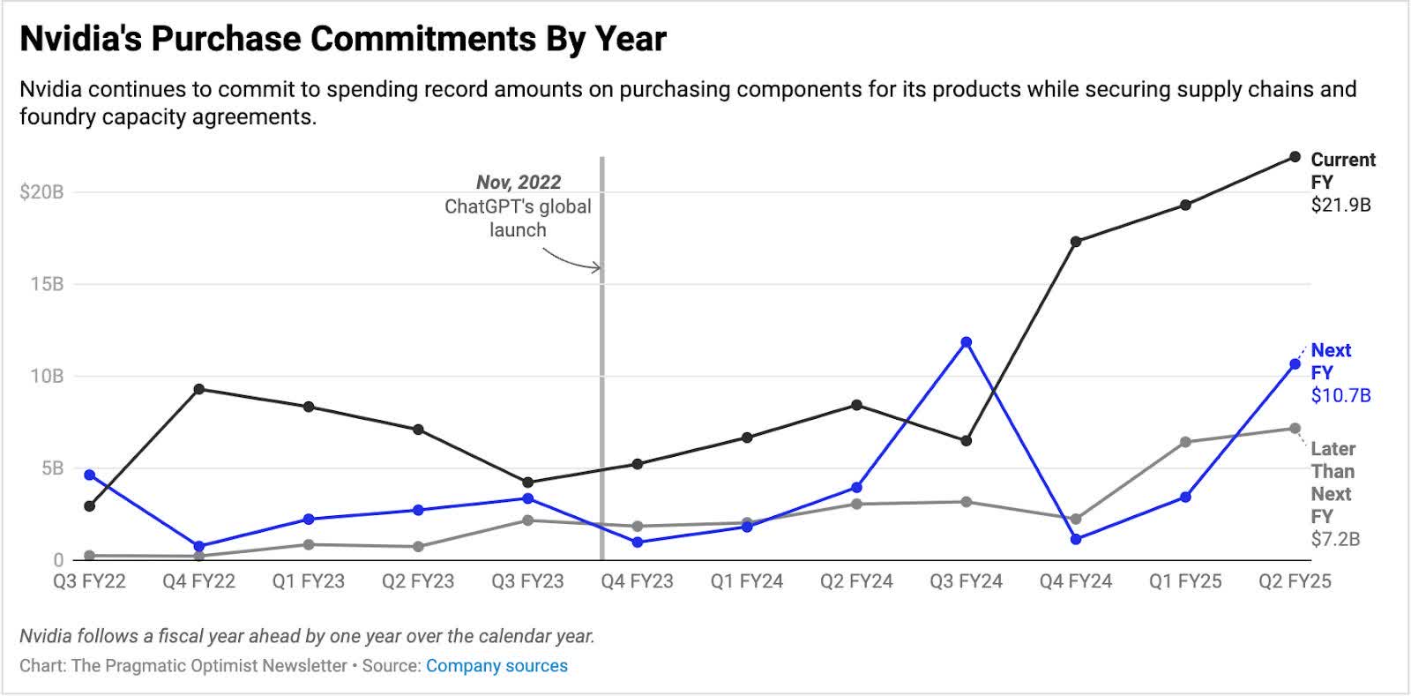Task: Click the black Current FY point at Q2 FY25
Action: tap(1295, 157)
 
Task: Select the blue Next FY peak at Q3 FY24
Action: tap(967, 342)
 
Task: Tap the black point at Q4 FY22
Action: tap(199, 389)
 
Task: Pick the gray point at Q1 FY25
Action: tap(1185, 442)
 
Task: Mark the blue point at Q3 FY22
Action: tap(89, 475)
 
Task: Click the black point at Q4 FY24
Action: tap(1076, 241)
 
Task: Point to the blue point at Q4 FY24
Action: tap(1076, 539)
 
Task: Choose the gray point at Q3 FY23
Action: tap(527, 520)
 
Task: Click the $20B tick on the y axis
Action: tap(41, 192)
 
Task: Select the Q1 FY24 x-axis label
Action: tap(747, 581)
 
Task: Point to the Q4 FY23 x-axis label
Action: tap(637, 581)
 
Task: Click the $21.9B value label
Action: tap(1340, 205)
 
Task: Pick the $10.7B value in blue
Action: tap(1340, 395)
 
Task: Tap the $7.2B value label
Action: tap(1335, 538)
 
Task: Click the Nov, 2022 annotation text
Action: tap(519, 183)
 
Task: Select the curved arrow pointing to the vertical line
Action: tap(571, 259)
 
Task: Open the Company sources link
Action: tap(496, 666)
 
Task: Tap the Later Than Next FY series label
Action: tap(1333, 482)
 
